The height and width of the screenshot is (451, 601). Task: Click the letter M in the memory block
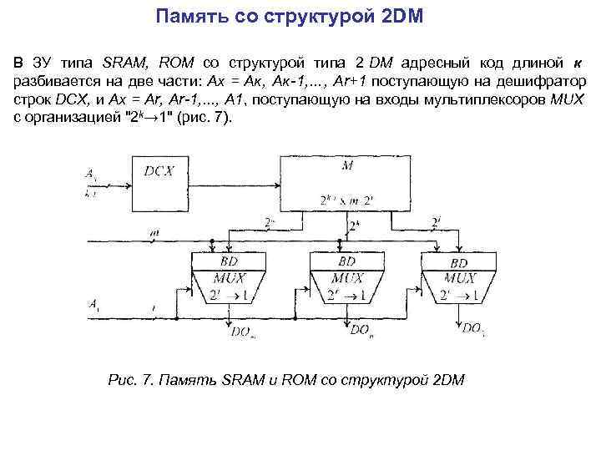pyautogui.click(x=347, y=165)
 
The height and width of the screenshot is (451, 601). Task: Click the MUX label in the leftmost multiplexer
pyautogui.click(x=228, y=277)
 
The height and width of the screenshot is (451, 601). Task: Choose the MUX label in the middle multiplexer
pyautogui.click(x=347, y=277)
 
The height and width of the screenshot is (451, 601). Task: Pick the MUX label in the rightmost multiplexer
pyautogui.click(x=459, y=277)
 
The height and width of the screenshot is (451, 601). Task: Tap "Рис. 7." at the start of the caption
pyautogui.click(x=131, y=380)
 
